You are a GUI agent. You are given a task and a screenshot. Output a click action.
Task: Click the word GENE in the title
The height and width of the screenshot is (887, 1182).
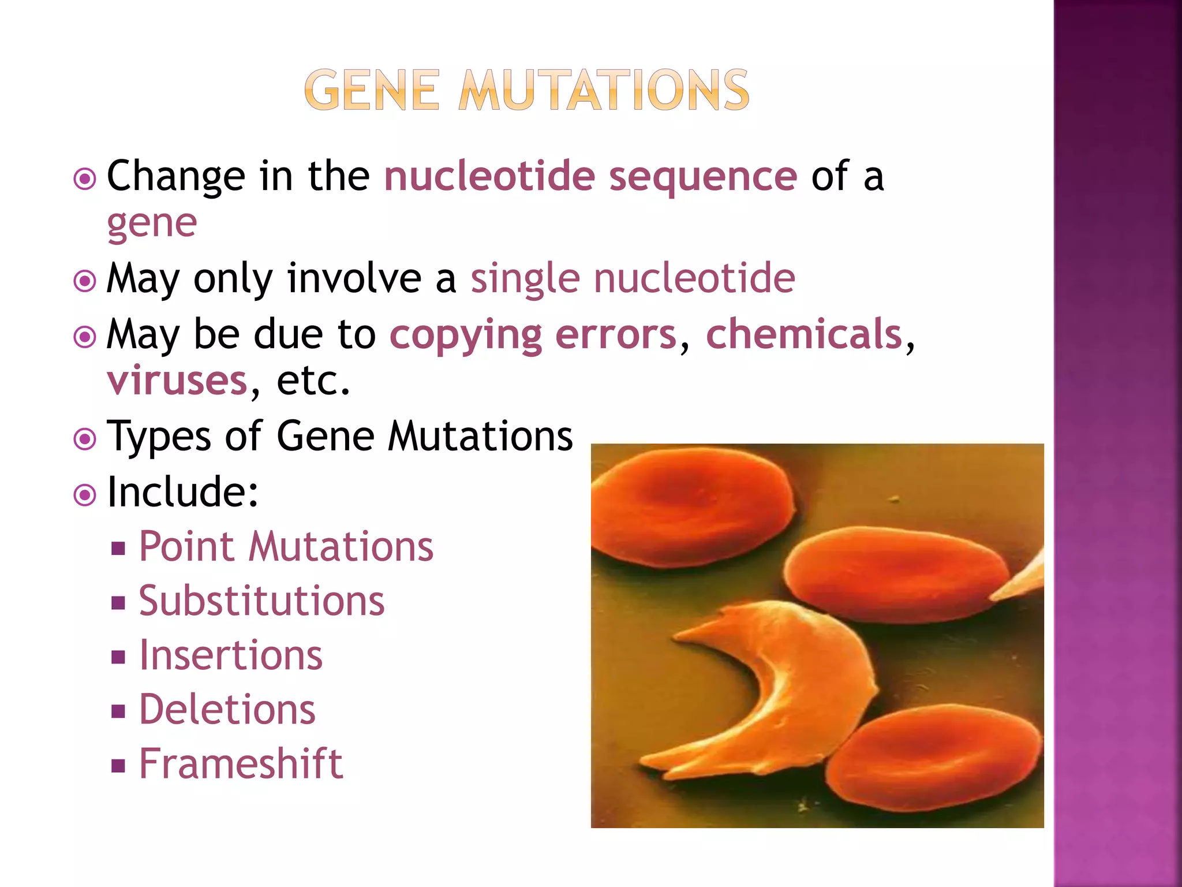click(x=372, y=90)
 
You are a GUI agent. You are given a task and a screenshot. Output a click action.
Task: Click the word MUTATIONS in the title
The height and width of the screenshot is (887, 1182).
click(x=604, y=90)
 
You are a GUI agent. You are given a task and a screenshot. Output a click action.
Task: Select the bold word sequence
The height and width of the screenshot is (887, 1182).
click(x=703, y=176)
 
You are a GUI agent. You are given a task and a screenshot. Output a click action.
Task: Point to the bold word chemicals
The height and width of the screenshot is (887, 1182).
click(x=804, y=334)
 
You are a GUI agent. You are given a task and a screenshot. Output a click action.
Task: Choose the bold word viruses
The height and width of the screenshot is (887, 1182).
click(x=177, y=381)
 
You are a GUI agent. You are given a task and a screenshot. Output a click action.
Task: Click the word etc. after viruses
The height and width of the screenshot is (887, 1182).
click(x=313, y=381)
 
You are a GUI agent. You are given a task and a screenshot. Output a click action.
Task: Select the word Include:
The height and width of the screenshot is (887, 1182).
click(x=183, y=492)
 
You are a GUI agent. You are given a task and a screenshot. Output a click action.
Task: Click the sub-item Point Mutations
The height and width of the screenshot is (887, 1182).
click(x=286, y=546)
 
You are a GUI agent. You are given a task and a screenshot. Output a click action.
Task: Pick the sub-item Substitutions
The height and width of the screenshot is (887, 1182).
click(x=261, y=601)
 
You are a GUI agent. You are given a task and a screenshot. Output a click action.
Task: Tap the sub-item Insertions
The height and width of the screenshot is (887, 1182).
click(x=231, y=655)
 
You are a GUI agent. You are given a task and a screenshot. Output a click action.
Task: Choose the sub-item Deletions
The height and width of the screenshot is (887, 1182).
click(x=227, y=710)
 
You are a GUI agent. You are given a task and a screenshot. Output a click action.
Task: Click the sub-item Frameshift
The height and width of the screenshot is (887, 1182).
click(x=241, y=764)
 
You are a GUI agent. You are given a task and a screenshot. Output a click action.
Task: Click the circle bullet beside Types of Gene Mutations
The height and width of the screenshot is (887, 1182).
click(x=85, y=439)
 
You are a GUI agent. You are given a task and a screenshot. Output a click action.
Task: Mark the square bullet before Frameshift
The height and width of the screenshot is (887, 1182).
click(x=118, y=766)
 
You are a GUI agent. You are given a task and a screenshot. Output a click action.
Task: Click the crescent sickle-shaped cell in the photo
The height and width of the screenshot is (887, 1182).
click(x=808, y=681)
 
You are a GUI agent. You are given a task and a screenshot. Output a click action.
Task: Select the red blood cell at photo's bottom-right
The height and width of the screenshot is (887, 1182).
click(x=935, y=756)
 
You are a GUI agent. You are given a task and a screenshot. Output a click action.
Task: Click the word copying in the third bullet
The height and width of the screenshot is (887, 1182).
click(x=466, y=335)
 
